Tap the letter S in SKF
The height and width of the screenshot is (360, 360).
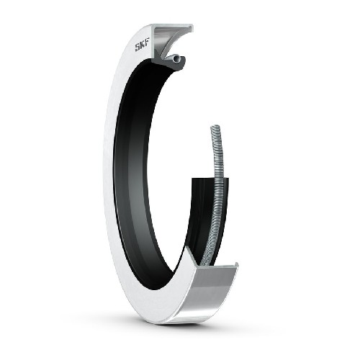137,49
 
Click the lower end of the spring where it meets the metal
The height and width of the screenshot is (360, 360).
204,261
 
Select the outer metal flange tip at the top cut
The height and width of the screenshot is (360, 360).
192,27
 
